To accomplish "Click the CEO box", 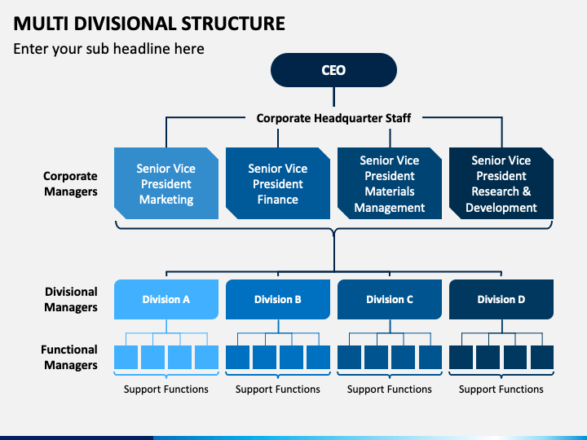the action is point(333,70).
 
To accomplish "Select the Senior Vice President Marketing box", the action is point(166,183).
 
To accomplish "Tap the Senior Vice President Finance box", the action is point(278,183).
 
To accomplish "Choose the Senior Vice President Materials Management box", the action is point(390,183).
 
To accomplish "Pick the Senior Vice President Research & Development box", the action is point(501,183).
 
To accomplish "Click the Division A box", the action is point(166,299).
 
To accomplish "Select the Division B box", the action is point(278,299).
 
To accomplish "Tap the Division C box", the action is point(390,299).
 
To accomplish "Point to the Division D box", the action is point(501,299).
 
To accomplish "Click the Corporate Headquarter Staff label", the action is point(333,118).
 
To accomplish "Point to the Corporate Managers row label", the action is point(70,183).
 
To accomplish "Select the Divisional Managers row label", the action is point(71,299).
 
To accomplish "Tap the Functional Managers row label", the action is point(69,357).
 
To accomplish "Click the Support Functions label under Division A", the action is point(166,389).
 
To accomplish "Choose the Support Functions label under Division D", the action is point(501,389).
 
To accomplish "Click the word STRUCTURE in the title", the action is point(233,23).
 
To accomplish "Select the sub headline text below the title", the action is point(108,49).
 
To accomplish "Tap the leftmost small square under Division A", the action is point(126,358).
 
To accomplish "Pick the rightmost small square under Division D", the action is point(542,358).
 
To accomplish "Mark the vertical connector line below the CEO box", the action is point(333,97).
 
